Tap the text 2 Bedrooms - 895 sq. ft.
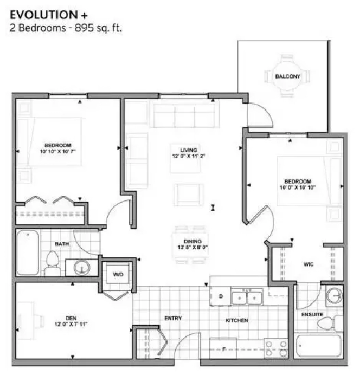tap(62, 28)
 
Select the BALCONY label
tap(288, 77)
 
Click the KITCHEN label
tap(236, 320)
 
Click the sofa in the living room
tap(184, 115)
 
